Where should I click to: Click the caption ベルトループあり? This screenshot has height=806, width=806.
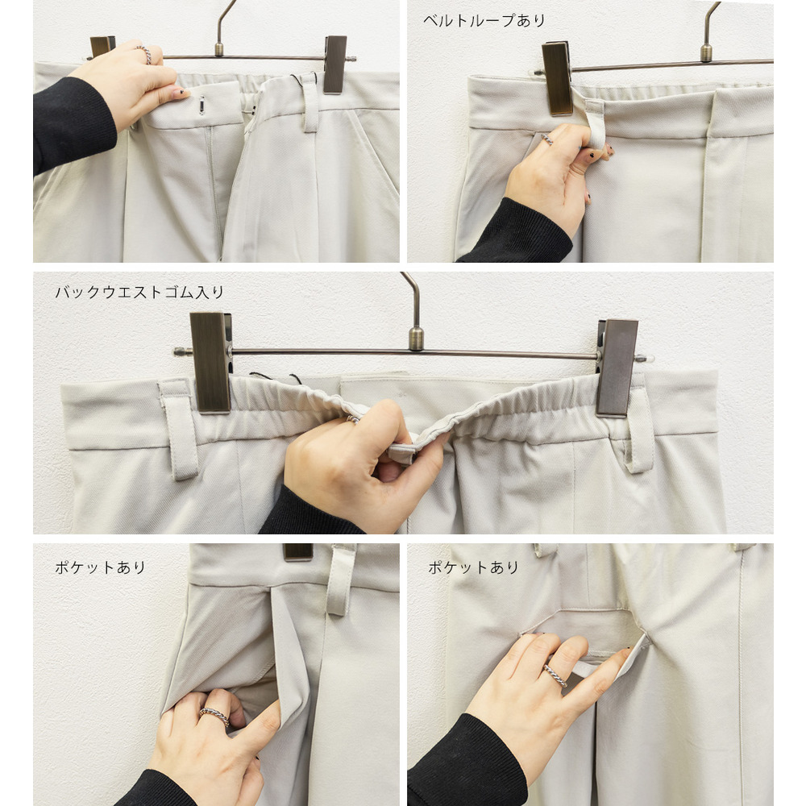(484, 21)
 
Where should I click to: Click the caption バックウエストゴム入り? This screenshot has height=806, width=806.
(139, 292)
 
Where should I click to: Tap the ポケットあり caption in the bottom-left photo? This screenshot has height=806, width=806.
(100, 567)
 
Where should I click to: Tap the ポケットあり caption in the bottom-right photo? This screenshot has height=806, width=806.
(473, 567)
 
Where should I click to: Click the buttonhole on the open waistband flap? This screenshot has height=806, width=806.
(202, 106)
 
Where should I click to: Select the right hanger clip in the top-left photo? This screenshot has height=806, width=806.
(335, 64)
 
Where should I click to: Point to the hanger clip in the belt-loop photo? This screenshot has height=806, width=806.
(557, 78)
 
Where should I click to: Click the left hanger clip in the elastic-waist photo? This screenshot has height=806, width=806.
(210, 363)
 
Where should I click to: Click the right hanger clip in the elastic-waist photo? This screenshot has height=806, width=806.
(617, 367)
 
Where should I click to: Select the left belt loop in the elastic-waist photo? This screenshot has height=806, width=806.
(178, 430)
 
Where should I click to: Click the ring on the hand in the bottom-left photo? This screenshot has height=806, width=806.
(214, 716)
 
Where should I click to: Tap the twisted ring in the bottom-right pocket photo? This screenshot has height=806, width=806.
(555, 675)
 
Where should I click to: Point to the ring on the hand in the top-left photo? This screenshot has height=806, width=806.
(144, 54)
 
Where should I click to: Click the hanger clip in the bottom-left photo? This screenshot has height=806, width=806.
(298, 551)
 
